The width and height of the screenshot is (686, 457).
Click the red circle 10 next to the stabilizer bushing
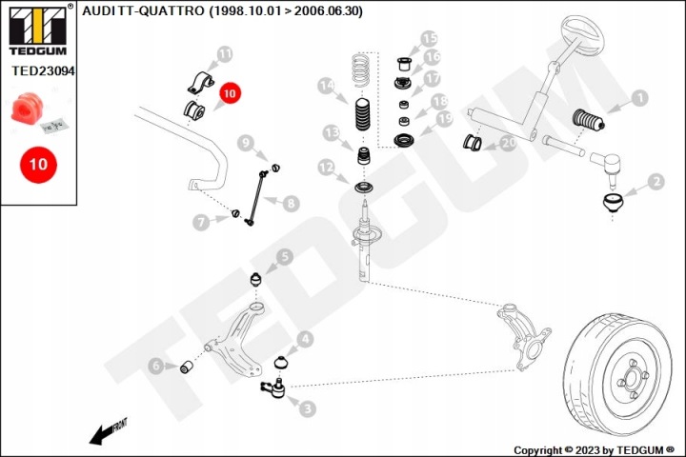[230, 93]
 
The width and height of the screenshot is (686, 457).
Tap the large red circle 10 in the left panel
[38, 165]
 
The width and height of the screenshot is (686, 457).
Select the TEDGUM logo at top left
[38, 30]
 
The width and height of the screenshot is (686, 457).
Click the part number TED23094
[43, 70]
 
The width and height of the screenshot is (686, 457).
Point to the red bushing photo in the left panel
[27, 108]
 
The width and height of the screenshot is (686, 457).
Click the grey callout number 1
[639, 98]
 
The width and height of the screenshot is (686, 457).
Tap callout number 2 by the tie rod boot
[656, 182]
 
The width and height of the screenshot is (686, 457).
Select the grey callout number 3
[308, 408]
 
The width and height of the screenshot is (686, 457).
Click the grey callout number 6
[156, 366]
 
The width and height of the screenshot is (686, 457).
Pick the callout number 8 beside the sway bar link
[291, 204]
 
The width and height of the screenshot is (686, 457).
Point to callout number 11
[225, 54]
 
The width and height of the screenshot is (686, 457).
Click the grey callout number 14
[327, 86]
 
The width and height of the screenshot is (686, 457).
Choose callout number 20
[508, 143]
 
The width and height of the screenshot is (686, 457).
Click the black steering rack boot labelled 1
[589, 119]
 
